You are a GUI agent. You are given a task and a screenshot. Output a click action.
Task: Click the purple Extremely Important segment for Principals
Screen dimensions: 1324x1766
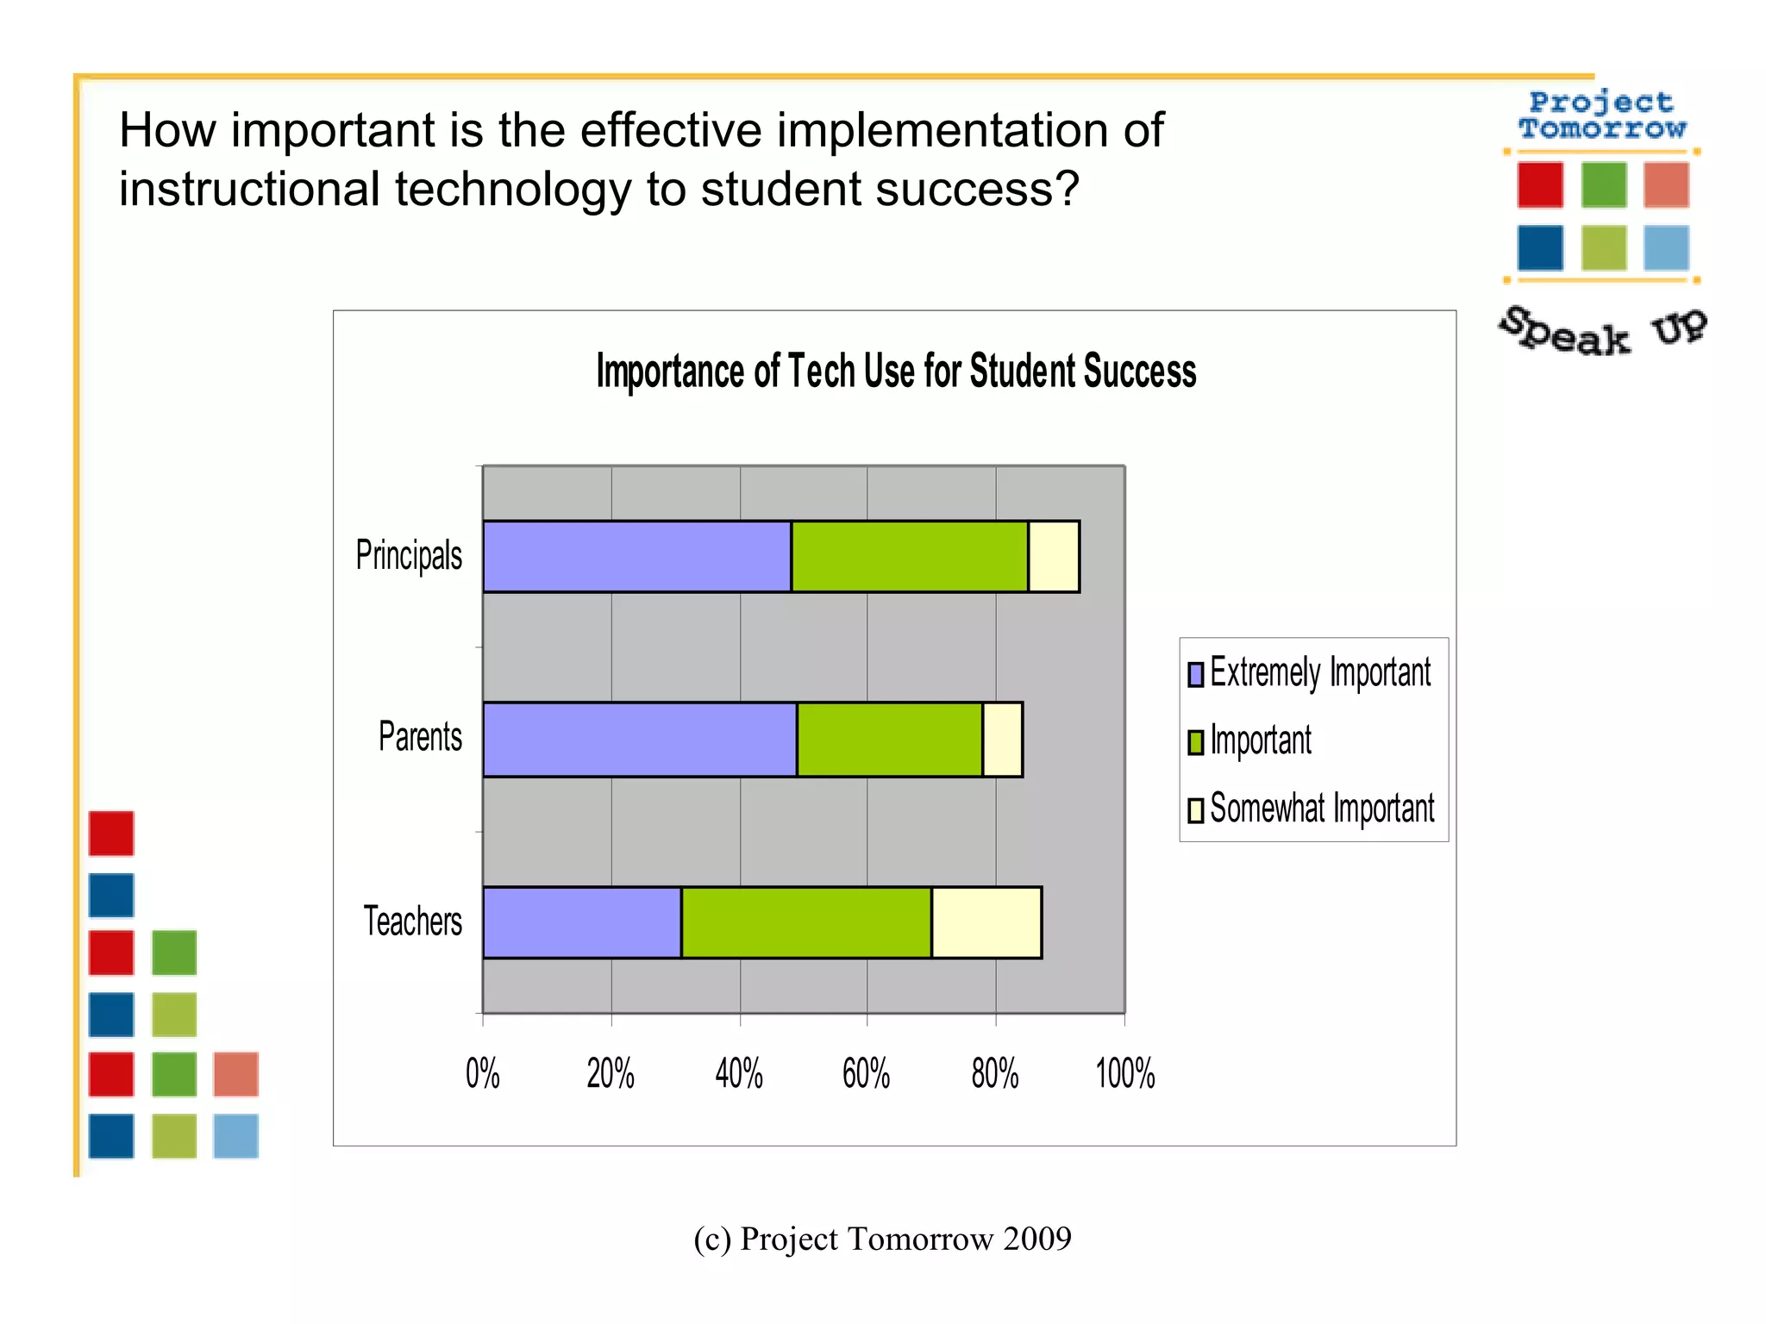point(637,557)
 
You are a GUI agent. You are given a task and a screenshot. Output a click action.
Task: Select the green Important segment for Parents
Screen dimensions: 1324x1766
point(889,740)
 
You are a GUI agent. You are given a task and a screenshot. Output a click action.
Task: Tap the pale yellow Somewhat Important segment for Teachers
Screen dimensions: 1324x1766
point(986,922)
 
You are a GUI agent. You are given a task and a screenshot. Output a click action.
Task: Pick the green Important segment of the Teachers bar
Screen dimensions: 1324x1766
point(806,922)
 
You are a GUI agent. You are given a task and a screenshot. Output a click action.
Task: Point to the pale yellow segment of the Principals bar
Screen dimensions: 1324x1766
point(1054,557)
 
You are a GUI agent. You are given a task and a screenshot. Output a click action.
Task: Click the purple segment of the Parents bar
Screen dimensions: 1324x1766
point(640,740)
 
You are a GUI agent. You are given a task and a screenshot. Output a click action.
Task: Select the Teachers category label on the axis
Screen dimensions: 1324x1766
point(412,921)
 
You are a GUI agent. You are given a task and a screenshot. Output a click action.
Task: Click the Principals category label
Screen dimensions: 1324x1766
point(409,555)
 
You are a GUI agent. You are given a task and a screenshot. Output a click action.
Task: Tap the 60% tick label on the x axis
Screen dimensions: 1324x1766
point(866,1074)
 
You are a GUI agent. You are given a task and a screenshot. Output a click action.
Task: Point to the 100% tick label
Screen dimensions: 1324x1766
point(1124,1074)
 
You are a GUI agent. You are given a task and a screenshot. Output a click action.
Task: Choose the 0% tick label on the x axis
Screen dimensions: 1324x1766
point(482,1074)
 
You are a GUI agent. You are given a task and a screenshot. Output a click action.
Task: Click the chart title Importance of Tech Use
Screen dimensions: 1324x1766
point(896,372)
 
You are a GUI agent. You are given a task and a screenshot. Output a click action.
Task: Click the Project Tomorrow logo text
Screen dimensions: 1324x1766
point(1602,116)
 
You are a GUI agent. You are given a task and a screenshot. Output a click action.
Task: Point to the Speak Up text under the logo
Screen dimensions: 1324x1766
point(1602,332)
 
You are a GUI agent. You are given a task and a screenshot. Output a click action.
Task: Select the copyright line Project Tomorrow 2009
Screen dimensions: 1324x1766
point(882,1239)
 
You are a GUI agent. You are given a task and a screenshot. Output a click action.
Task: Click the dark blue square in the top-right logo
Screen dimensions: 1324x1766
point(1540,248)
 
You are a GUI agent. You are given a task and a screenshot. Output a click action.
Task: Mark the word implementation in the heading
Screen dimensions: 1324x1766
point(942,131)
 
